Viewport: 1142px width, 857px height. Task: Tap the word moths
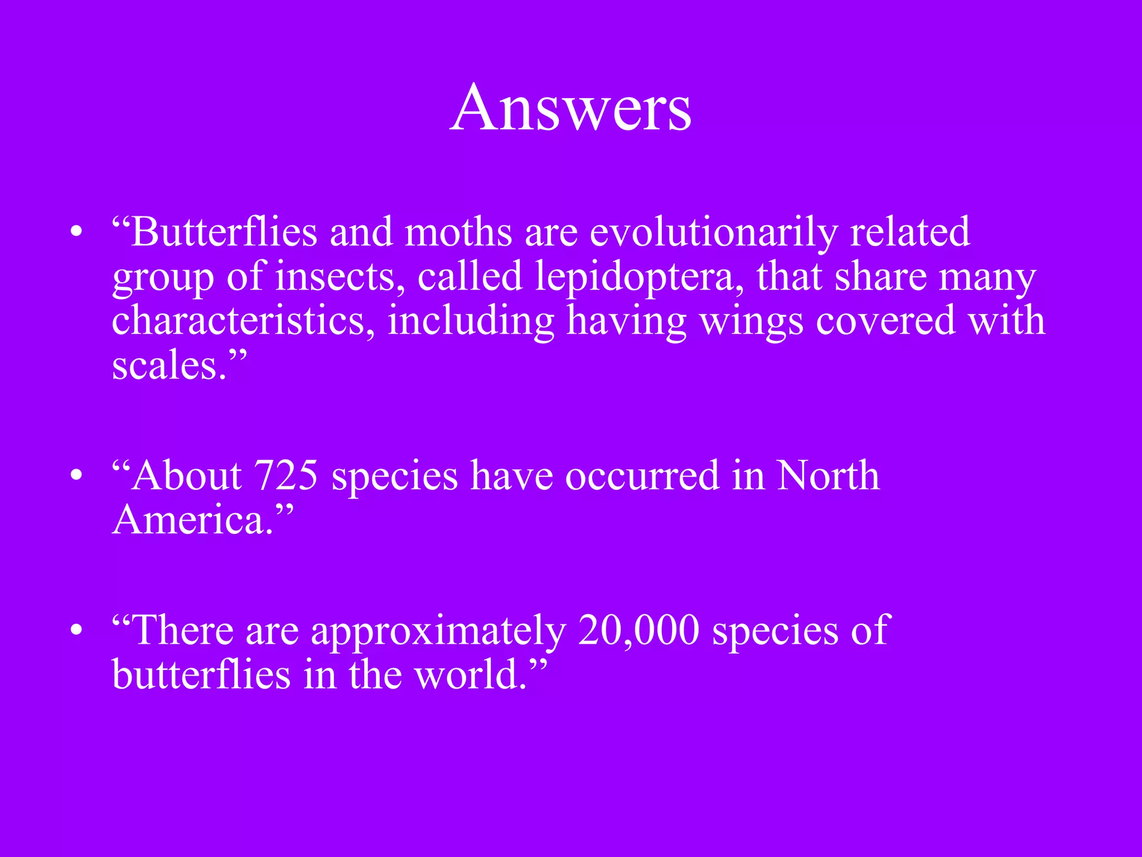(x=458, y=232)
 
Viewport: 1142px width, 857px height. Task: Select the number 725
(x=285, y=475)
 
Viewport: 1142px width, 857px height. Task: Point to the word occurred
(x=642, y=475)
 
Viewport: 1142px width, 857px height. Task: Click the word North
(x=828, y=475)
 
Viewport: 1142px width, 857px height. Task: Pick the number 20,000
(x=638, y=630)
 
